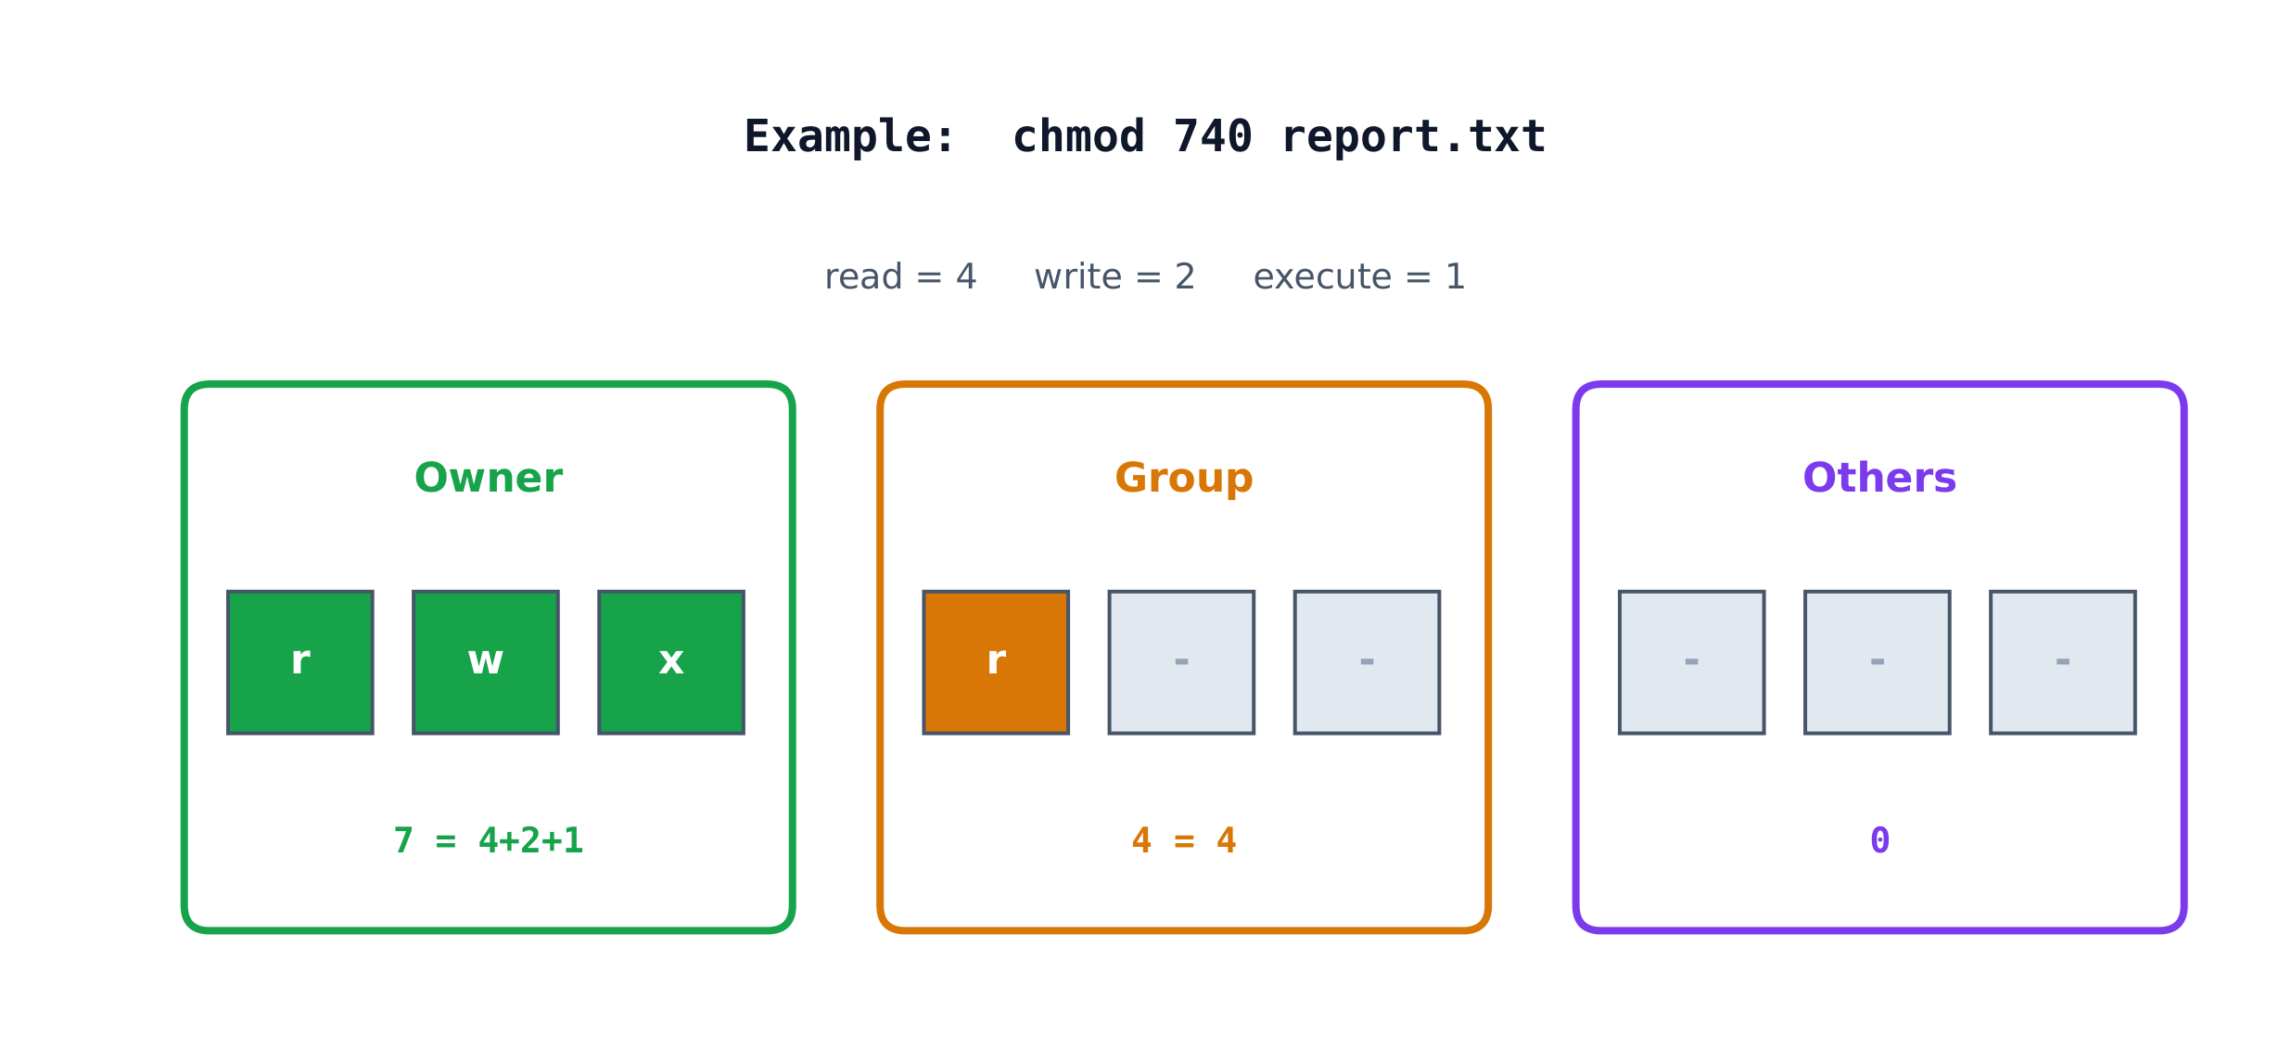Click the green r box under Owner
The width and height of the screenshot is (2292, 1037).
300,662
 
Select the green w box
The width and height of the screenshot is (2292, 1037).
486,662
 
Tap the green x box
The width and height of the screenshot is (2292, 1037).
671,662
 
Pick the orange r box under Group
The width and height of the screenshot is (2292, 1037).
996,662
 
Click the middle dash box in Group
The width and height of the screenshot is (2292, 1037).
1181,662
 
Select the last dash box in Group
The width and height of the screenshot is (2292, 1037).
1367,662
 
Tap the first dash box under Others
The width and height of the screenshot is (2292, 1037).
1692,662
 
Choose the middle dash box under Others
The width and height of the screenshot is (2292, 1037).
1878,662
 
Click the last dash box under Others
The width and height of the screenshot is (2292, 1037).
2063,662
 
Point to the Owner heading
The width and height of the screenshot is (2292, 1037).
489,479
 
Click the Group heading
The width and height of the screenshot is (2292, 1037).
1184,479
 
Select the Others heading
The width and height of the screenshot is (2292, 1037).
1879,479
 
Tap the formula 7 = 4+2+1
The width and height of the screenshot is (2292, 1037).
489,840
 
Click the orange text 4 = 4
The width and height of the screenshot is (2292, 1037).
1184,840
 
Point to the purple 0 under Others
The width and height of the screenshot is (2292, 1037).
1879,840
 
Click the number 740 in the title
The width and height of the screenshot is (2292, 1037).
1213,137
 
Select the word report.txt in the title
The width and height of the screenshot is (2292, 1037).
1413,137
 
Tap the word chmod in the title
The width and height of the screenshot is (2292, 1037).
1079,137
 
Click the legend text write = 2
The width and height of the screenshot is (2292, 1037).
1114,276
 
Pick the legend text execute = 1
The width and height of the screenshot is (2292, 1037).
1359,276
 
